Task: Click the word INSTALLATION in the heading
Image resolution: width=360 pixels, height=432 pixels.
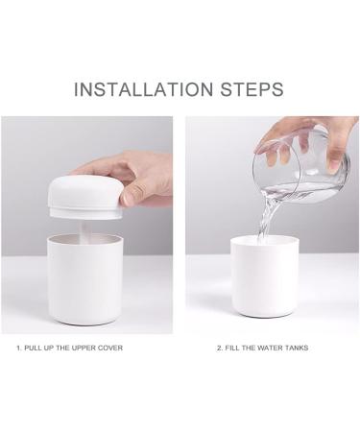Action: click(x=143, y=89)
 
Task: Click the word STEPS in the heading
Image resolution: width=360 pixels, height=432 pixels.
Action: click(x=252, y=89)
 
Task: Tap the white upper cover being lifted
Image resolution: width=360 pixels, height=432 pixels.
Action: click(x=85, y=197)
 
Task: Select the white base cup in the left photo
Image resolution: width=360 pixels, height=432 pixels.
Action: click(x=84, y=279)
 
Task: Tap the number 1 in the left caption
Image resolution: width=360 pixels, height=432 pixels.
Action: click(x=19, y=348)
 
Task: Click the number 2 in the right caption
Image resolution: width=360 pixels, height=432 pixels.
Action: click(x=219, y=348)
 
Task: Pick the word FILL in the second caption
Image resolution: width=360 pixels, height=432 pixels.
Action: click(x=232, y=348)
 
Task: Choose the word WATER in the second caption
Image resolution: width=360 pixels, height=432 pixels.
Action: click(x=271, y=348)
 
